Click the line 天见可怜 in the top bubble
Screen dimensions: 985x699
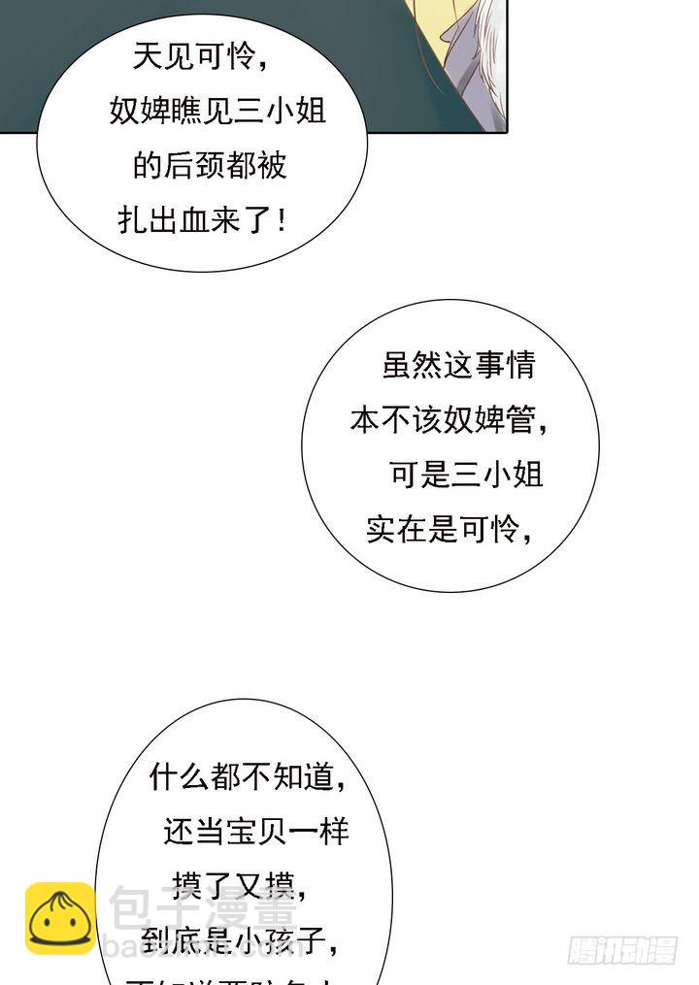click(199, 58)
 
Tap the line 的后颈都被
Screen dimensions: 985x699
click(210, 165)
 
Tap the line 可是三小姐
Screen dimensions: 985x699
click(466, 475)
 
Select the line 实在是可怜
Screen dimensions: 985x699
click(449, 530)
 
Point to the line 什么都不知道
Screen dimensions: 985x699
click(248, 775)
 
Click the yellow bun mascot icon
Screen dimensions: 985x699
click(59, 918)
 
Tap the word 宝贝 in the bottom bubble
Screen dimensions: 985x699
click(255, 831)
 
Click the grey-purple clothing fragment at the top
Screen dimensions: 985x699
click(476, 58)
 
